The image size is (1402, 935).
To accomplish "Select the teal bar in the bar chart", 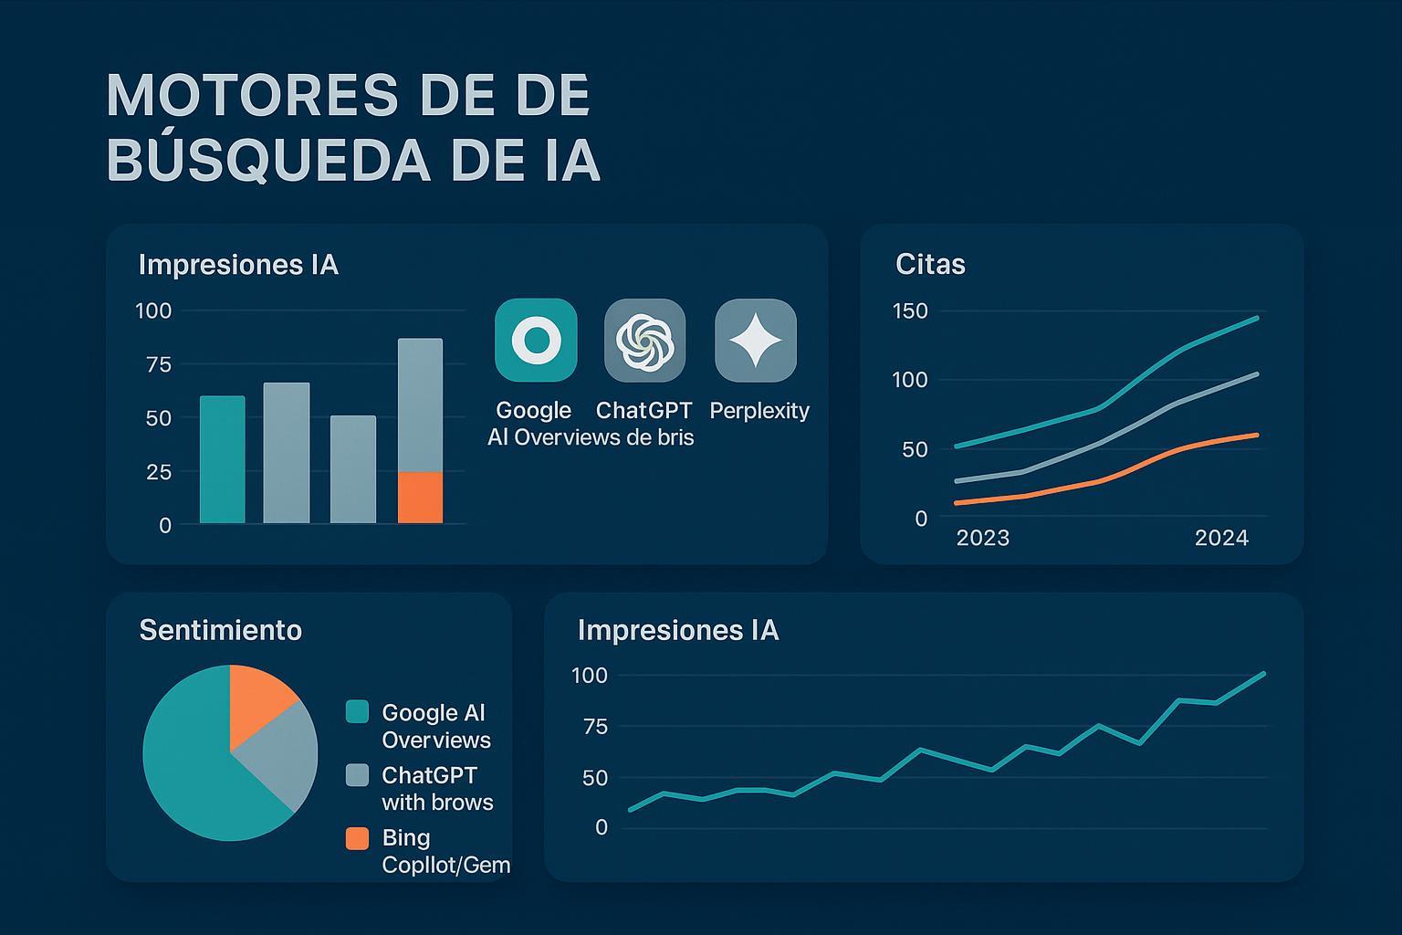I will click(223, 459).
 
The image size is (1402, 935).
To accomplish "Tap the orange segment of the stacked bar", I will click(420, 498).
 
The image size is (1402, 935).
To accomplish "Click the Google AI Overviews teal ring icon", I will click(536, 340).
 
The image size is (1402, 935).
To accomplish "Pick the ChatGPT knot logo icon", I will click(644, 340).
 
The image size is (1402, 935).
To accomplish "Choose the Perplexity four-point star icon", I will click(756, 340).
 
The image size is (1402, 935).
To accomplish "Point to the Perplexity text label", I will click(759, 411).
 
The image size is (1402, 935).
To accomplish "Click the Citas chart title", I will click(930, 265).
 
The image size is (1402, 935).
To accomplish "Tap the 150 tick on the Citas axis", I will click(909, 311).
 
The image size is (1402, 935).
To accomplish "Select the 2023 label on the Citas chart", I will click(983, 538).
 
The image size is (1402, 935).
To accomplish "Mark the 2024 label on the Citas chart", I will click(1221, 538).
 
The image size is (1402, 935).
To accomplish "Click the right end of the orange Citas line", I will click(1257, 435).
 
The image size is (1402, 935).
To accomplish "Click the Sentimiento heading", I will click(220, 630).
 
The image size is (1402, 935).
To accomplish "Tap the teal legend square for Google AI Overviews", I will click(357, 712).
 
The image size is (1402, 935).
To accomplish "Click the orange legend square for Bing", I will click(357, 838).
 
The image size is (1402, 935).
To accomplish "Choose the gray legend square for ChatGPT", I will click(357, 775).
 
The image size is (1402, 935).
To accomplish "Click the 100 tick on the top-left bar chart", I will click(153, 311).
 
